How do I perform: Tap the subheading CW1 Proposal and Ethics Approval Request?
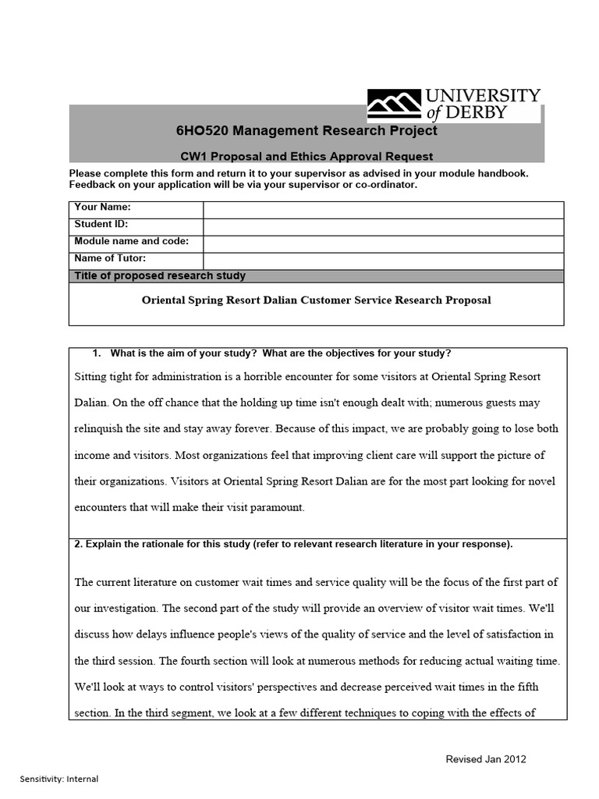[302, 156]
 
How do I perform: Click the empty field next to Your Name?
[383, 209]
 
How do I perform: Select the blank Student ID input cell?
[383, 226]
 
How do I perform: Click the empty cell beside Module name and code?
[383, 243]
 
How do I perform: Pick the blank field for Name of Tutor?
[383, 261]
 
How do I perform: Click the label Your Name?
[102, 208]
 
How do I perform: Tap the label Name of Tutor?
[110, 258]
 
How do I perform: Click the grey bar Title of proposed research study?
[316, 275]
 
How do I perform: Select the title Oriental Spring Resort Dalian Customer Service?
[316, 300]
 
